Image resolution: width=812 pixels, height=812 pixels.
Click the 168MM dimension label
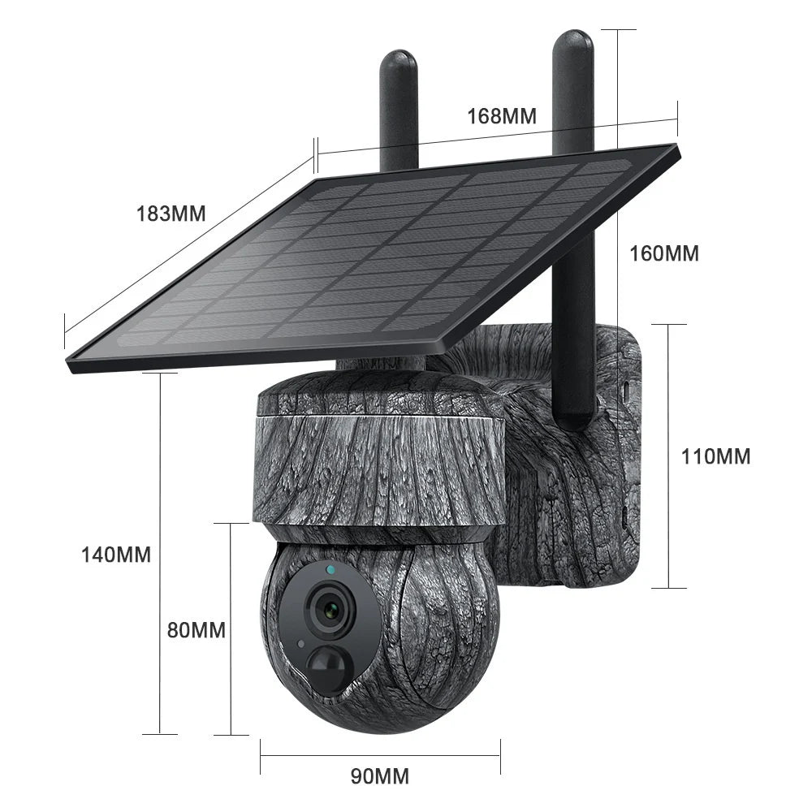[x=501, y=115]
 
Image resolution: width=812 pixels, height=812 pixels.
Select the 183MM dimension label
[x=171, y=214]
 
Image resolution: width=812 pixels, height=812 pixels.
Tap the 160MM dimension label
[x=664, y=253]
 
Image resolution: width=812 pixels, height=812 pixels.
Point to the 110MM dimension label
[x=715, y=456]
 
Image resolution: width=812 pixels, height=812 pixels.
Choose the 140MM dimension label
[x=115, y=555]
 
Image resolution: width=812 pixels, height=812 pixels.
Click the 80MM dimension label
[x=197, y=629]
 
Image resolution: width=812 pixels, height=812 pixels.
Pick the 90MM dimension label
[x=379, y=776]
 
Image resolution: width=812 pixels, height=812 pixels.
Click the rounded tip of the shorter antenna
[x=398, y=61]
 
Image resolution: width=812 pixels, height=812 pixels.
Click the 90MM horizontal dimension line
[x=379, y=755]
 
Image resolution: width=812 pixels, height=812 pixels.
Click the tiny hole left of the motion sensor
[x=301, y=644]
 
